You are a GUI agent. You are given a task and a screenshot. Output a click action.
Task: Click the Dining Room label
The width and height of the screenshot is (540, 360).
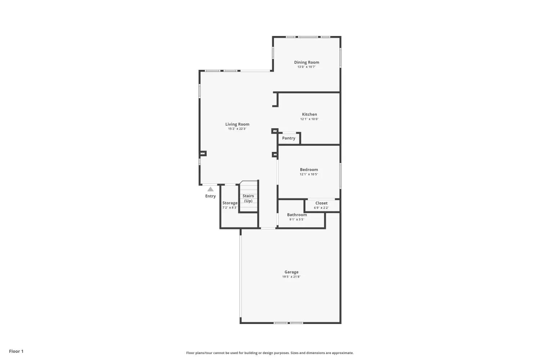(x=306, y=62)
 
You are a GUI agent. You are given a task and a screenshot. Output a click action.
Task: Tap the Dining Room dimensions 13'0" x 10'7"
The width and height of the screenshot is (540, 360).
(x=306, y=67)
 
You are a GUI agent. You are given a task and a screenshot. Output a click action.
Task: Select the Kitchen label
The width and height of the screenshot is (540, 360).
(x=309, y=114)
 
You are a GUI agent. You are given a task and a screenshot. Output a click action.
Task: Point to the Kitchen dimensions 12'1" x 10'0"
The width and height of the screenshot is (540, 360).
(x=309, y=119)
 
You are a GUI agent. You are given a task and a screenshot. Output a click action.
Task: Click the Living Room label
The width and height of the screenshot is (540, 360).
(x=237, y=124)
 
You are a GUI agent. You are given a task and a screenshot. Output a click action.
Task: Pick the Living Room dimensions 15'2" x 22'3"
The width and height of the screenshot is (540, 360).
(x=237, y=129)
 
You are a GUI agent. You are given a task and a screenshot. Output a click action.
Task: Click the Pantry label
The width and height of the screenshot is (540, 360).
(x=289, y=138)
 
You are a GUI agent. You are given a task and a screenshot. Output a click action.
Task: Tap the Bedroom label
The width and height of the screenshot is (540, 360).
(x=309, y=170)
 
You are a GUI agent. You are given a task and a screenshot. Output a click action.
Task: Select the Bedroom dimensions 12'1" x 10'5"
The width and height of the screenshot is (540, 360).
(x=309, y=174)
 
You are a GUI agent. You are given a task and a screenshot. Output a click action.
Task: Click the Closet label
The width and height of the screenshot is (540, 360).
(x=321, y=203)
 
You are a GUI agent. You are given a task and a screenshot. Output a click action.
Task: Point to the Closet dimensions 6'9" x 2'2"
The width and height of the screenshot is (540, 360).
(x=321, y=208)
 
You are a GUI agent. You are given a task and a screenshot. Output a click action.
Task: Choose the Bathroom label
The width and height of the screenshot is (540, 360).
(x=297, y=215)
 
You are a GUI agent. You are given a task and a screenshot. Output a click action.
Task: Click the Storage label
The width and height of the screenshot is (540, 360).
(x=230, y=203)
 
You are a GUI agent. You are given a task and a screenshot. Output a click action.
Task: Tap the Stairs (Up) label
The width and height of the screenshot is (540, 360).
(x=248, y=198)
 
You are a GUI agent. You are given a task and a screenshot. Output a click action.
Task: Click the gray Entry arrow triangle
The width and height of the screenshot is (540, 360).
(x=211, y=189)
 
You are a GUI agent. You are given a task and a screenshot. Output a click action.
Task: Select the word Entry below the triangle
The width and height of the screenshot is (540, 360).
(x=211, y=196)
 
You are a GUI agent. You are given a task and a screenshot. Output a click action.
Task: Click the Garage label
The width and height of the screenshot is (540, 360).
(x=291, y=272)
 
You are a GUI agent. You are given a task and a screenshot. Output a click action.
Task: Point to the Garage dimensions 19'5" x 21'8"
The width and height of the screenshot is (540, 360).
(x=291, y=276)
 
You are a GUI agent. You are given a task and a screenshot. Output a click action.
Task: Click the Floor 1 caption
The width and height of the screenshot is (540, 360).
(x=16, y=351)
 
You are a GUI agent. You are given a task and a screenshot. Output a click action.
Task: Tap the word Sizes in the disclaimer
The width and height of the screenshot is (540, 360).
(x=294, y=353)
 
